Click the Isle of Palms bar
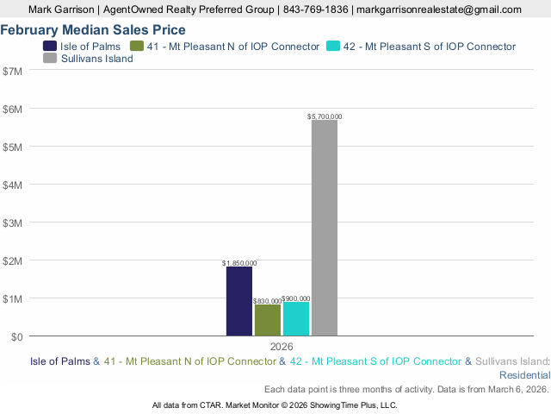click(x=239, y=301)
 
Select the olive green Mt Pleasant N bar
click(x=268, y=320)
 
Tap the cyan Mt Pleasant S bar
click(x=296, y=318)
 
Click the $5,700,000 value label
click(x=325, y=116)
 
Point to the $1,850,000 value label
click(x=239, y=262)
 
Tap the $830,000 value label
click(x=268, y=300)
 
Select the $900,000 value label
click(x=296, y=298)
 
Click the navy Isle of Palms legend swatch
click(x=50, y=46)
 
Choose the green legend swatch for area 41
click(x=137, y=46)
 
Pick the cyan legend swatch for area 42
click(x=333, y=46)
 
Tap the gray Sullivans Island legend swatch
click(x=50, y=59)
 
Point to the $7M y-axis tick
click(x=14, y=71)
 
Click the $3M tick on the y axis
click(x=14, y=223)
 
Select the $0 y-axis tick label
click(x=17, y=336)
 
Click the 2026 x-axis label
click(x=282, y=347)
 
